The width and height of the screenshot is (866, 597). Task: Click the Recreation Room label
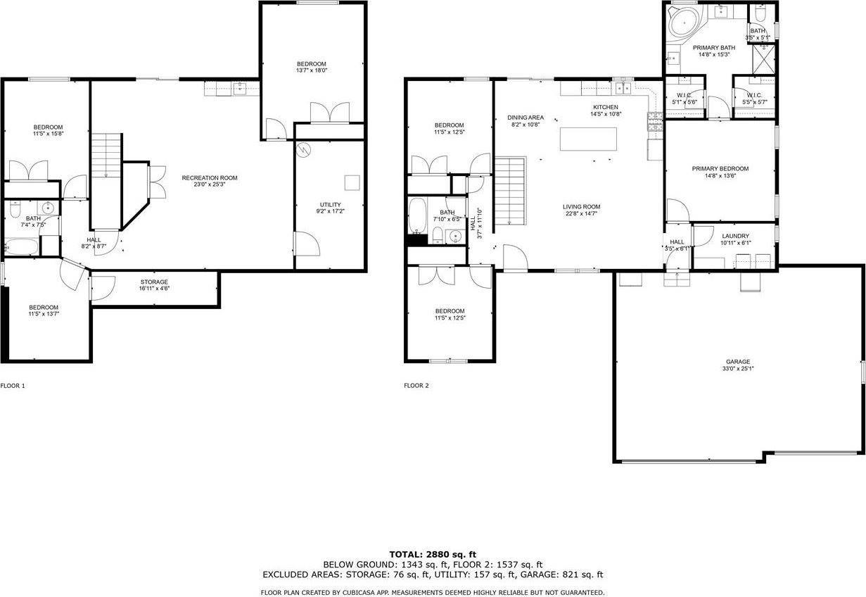(210, 178)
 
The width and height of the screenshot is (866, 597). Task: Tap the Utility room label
(329, 205)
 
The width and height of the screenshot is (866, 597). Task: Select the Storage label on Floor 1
(154, 282)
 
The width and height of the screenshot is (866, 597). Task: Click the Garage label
(738, 362)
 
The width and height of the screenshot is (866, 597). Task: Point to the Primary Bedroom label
(720, 169)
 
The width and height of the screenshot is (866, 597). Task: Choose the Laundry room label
(735, 237)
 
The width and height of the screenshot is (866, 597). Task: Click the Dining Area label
(526, 118)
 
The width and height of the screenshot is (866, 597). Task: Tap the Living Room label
(581, 207)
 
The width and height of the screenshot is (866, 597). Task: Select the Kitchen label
(605, 107)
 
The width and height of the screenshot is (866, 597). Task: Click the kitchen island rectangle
(588, 139)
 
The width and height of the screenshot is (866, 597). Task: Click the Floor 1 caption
(13, 386)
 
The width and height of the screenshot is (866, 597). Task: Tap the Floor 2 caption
(416, 386)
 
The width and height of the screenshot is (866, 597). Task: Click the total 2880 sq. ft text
(433, 555)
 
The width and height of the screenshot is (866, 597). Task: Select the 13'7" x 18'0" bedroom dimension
(312, 70)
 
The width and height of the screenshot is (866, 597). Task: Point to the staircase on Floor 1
(107, 156)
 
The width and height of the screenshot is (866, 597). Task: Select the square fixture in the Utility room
(352, 182)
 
